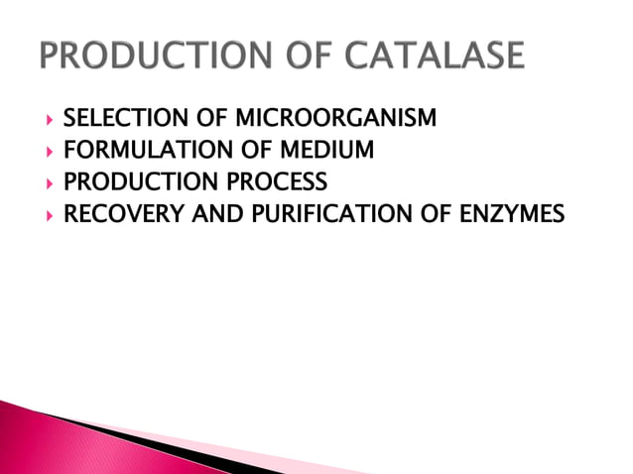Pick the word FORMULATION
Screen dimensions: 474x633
(x=134, y=152)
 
